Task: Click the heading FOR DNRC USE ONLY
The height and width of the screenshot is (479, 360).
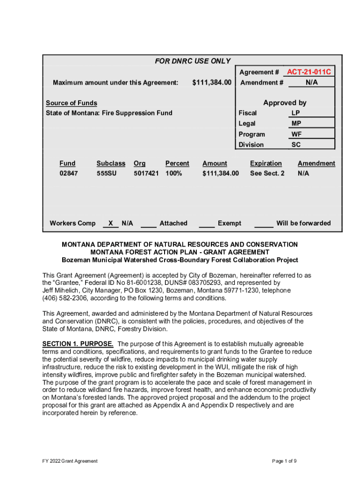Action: pos(193,61)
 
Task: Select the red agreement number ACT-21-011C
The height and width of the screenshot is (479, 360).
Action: pos(309,72)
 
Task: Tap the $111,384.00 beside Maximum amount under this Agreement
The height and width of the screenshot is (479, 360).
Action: pos(212,83)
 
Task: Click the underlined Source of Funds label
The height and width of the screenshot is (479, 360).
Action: pos(72,103)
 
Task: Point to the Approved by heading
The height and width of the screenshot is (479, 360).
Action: pos(285,102)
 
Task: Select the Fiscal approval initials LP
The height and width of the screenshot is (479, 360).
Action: pos(296,113)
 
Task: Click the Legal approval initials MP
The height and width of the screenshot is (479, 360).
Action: pos(296,123)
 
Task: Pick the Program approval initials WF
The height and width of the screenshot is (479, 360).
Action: pos(296,134)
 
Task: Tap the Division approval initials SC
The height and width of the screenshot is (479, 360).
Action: pos(296,145)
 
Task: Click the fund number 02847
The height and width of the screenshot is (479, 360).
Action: pos(69,174)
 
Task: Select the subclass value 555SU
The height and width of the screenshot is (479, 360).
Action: pos(107,174)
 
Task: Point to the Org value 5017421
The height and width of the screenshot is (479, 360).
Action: pos(146,174)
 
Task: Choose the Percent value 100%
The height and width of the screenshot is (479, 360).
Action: pos(173,174)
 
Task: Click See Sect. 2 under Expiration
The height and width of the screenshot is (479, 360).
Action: pos(267,174)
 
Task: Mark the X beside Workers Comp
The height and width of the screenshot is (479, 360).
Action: pos(110,224)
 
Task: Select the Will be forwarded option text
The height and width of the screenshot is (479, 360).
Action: pos(303,224)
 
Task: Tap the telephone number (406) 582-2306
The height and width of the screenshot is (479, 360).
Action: pos(64,298)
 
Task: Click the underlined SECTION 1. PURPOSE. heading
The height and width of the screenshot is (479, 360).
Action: pos(78,344)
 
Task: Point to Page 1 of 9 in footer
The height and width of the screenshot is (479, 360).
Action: pos(284,461)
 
